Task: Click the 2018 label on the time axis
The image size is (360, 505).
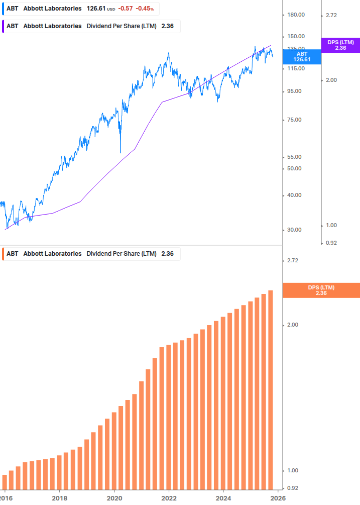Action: click(59, 498)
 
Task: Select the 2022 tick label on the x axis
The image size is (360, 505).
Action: click(169, 498)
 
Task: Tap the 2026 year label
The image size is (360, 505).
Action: click(278, 498)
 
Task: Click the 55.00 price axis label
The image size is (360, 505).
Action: click(295, 157)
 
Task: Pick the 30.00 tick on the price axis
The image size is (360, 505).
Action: click(295, 230)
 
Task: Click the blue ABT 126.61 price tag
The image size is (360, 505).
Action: click(302, 56)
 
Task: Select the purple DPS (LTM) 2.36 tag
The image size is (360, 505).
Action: click(340, 45)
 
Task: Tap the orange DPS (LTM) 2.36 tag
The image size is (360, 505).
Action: click(321, 290)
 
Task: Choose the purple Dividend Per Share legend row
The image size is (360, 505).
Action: click(90, 26)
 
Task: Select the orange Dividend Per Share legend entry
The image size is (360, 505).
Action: click(90, 254)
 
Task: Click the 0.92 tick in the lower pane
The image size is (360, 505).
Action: click(292, 488)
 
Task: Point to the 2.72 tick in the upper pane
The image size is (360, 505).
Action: click(331, 16)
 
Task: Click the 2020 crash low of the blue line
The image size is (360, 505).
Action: click(121, 152)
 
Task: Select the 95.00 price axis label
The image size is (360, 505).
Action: click(295, 91)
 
